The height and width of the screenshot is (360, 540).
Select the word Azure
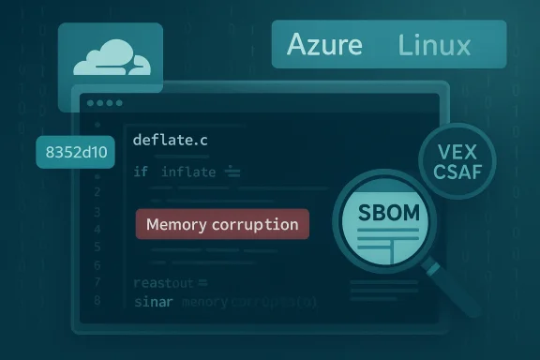326,44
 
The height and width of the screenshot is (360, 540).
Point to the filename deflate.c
171,140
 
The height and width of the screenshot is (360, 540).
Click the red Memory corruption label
223,225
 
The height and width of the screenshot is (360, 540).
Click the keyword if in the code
141,172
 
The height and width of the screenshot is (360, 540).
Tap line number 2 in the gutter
97,191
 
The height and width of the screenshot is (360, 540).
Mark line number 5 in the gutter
97,247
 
